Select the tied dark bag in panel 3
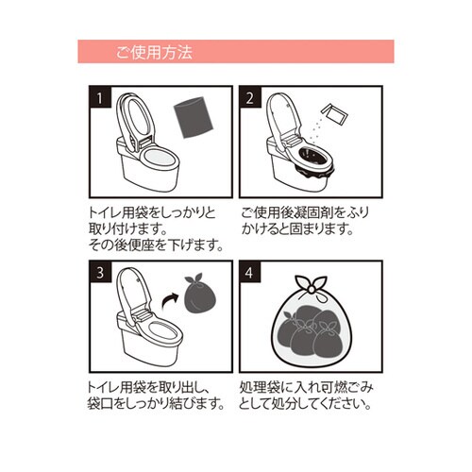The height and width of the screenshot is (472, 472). tap(199, 299)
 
